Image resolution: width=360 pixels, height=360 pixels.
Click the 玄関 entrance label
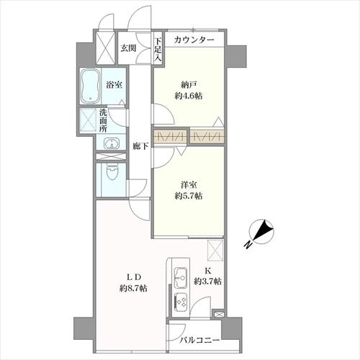tap(128, 48)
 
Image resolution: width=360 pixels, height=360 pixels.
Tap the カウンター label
tap(194, 40)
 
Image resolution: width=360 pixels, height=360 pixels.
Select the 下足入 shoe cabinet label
tap(158, 50)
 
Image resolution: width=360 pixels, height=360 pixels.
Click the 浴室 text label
tap(114, 85)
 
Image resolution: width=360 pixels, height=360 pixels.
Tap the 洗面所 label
tap(104, 120)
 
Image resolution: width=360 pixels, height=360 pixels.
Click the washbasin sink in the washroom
tap(111, 144)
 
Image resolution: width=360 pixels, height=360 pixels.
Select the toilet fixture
tap(111, 172)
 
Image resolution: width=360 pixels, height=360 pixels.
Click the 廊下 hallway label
tap(140, 146)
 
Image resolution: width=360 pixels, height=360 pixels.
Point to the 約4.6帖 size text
tap(189, 96)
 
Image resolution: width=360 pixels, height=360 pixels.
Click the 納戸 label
tap(189, 85)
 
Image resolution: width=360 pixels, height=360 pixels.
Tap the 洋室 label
tap(189, 185)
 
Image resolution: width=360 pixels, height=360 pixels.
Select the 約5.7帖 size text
tap(189, 196)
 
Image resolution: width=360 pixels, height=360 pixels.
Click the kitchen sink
tap(181, 278)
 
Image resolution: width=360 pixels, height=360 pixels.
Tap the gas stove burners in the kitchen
tap(181, 302)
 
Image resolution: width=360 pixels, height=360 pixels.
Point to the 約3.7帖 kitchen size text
tap(207, 281)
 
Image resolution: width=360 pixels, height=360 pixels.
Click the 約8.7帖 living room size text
tap(133, 288)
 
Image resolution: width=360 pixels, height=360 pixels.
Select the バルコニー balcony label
tap(200, 340)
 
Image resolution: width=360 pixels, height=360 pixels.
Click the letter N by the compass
tap(248, 244)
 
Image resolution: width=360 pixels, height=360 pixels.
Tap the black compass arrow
tap(264, 229)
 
